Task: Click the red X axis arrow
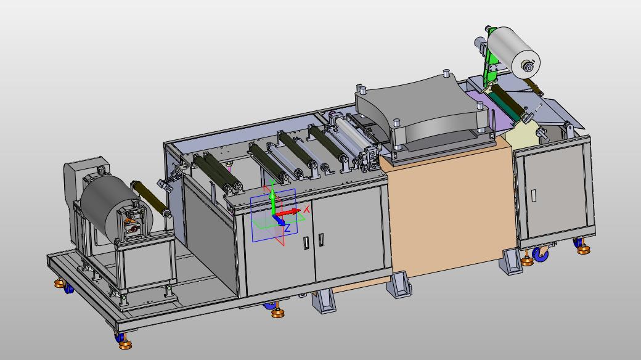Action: pos(288,212)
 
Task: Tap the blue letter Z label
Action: pos(288,228)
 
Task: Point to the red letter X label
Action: pos(306,209)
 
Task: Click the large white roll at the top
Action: pos(513,52)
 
